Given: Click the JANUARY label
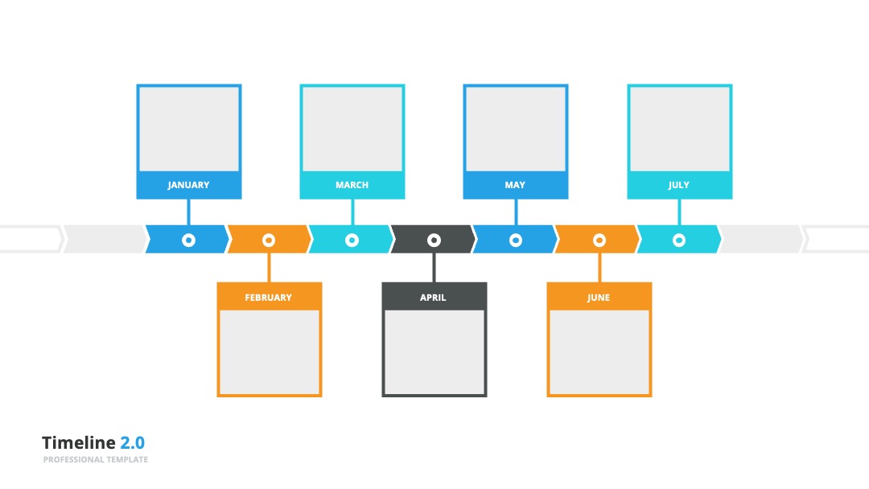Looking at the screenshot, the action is coord(188,185).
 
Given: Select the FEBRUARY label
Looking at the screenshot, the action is coord(268,298).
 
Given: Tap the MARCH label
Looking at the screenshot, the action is coord(352,185).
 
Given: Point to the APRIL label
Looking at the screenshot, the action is coord(433,298).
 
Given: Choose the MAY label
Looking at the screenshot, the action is coord(515,185).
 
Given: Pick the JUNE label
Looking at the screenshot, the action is coord(599,298).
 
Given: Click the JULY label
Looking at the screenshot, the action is coord(679,185).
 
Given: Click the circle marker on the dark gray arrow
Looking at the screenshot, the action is coord(434,240).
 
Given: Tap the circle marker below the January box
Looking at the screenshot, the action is coord(188,240).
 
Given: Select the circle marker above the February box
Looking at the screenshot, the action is coord(269,240).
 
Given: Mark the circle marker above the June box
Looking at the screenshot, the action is coord(599,240).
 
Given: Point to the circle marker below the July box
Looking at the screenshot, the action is coord(679,240).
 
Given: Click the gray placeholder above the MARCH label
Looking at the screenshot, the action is coord(352,129).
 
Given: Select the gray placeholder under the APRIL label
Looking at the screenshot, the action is coord(434,352).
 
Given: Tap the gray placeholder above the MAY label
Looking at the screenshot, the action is coord(516,129).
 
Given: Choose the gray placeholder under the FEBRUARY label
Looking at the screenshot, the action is coord(270,352).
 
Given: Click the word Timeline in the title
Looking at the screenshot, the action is coord(79,442).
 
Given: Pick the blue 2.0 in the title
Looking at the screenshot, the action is coord(133,442).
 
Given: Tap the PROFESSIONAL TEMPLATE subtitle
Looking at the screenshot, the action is coord(95,460).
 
